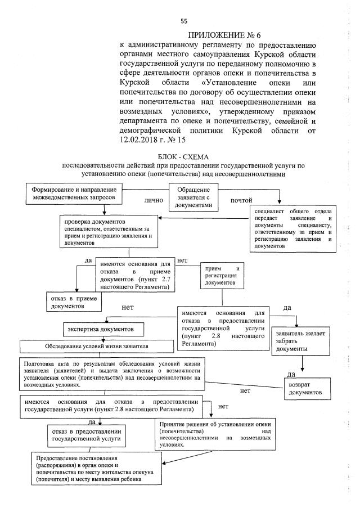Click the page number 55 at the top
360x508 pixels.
pyautogui.click(x=183, y=21)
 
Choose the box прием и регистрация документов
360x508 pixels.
pyautogui.click(x=224, y=275)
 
